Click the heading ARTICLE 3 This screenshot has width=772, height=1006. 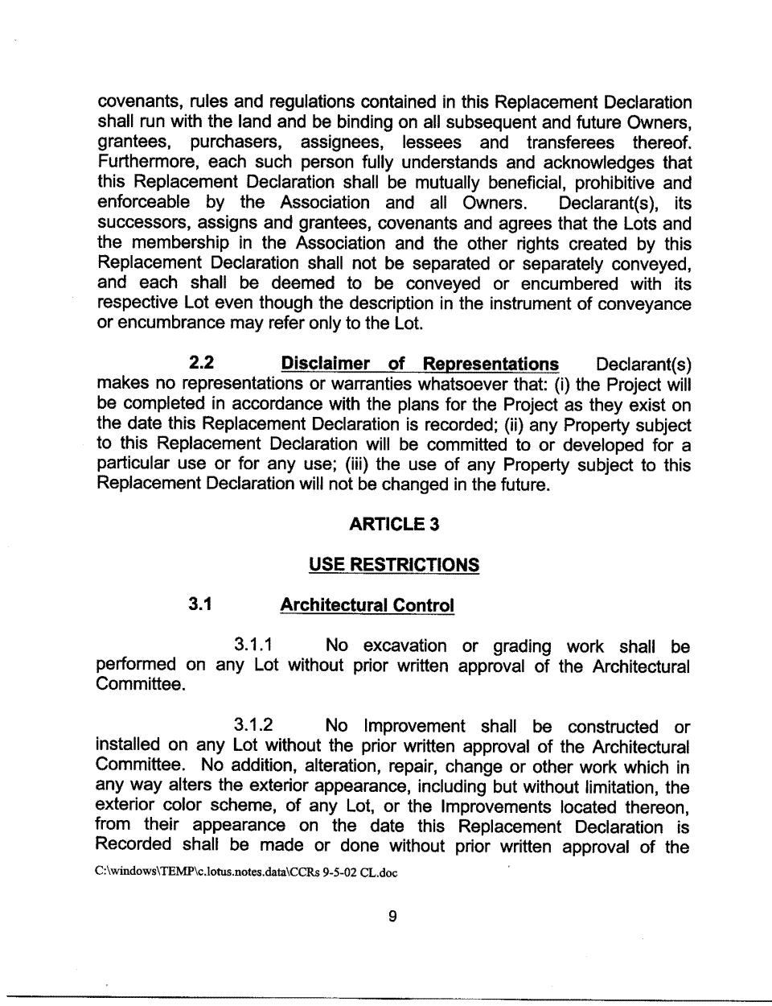click(x=394, y=525)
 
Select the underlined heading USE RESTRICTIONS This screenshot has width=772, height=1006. click(x=394, y=565)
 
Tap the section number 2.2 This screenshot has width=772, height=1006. click(x=201, y=364)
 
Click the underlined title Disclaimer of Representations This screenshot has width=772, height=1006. click(x=419, y=364)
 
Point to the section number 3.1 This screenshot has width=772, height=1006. click(x=200, y=604)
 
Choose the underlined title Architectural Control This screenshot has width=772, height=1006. click(x=367, y=605)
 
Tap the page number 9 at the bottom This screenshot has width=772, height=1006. click(x=392, y=916)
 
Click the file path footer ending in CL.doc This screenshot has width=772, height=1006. click(x=246, y=872)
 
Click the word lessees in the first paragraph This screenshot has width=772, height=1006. click(x=432, y=143)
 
